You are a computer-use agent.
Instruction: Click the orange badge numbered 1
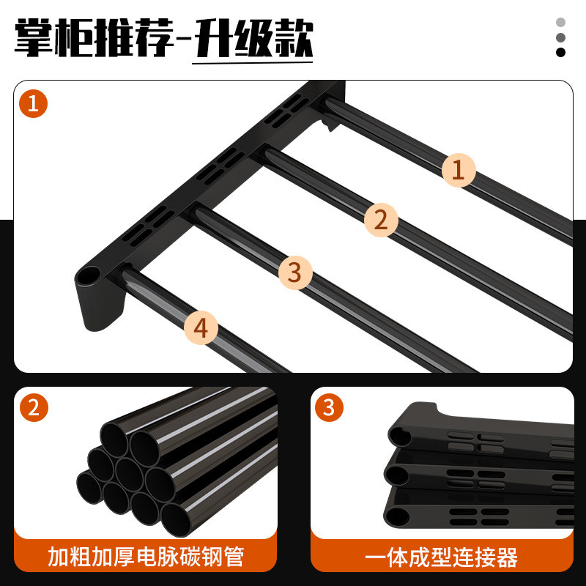(33, 104)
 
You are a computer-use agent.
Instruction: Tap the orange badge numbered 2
(33, 408)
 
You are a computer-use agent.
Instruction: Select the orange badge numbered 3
(328, 407)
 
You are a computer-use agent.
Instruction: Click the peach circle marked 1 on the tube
(459, 171)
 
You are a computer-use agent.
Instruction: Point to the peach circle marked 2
(380, 219)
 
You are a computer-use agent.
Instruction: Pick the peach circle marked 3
(294, 272)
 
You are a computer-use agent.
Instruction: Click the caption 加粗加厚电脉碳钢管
(146, 557)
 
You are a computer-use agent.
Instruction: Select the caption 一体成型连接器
(442, 557)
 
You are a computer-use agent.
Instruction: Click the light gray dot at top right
(561, 23)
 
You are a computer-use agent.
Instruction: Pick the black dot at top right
(561, 52)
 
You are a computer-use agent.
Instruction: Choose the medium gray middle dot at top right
(561, 37)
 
